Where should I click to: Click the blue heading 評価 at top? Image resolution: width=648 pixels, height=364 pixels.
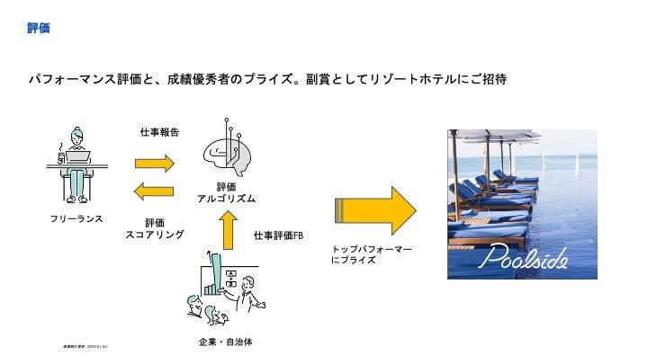38,29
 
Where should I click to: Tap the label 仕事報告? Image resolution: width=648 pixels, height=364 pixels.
159,132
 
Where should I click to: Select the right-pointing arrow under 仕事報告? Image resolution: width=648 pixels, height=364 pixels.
154,163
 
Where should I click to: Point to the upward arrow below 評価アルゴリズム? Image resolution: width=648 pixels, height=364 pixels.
229,228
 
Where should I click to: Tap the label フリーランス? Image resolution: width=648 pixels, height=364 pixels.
77,218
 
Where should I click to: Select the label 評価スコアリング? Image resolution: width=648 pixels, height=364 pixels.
155,228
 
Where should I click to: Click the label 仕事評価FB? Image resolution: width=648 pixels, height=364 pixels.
279,235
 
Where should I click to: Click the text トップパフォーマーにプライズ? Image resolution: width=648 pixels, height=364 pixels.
372,253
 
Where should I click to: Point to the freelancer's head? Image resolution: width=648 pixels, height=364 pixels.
76,138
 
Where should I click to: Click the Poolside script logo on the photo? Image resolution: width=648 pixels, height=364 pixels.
522,259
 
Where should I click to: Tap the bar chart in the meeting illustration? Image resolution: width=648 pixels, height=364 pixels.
214,275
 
